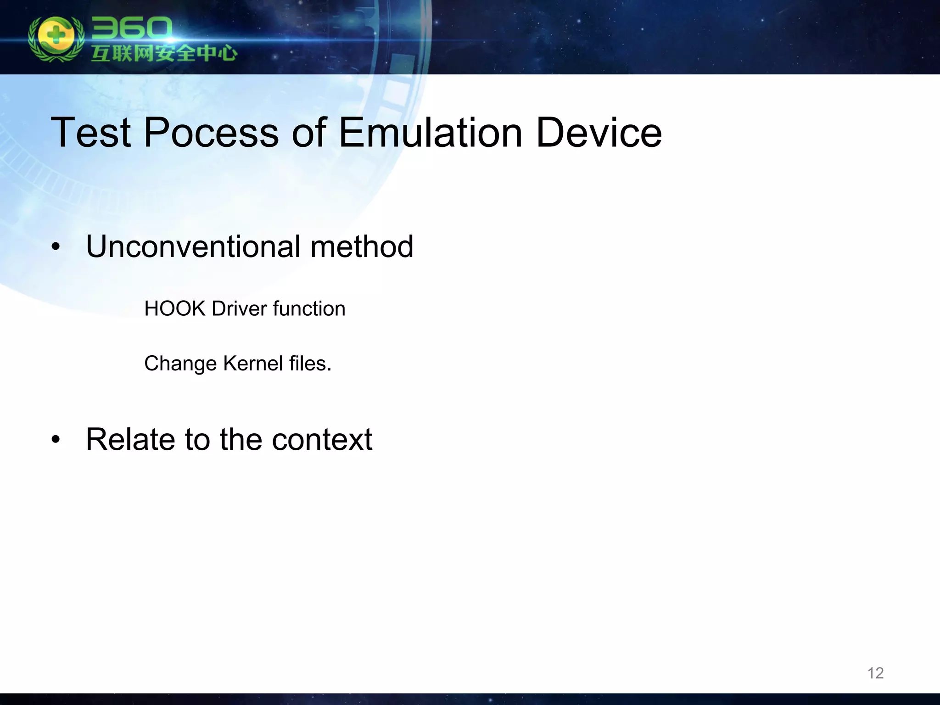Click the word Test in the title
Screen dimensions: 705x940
tap(90, 133)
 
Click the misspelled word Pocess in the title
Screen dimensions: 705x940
tap(211, 133)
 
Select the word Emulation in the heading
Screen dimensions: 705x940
tap(430, 133)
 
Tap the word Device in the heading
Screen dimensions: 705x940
tap(599, 133)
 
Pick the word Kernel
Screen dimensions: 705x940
tap(253, 364)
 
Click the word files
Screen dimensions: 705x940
tap(310, 364)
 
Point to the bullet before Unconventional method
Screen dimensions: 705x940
tap(56, 247)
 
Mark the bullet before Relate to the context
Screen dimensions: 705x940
tap(56, 440)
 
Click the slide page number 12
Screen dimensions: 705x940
tap(875, 673)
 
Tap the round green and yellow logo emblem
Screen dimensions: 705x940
tap(56, 39)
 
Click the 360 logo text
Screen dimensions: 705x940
tap(131, 29)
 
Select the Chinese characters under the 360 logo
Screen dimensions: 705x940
tap(164, 54)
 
